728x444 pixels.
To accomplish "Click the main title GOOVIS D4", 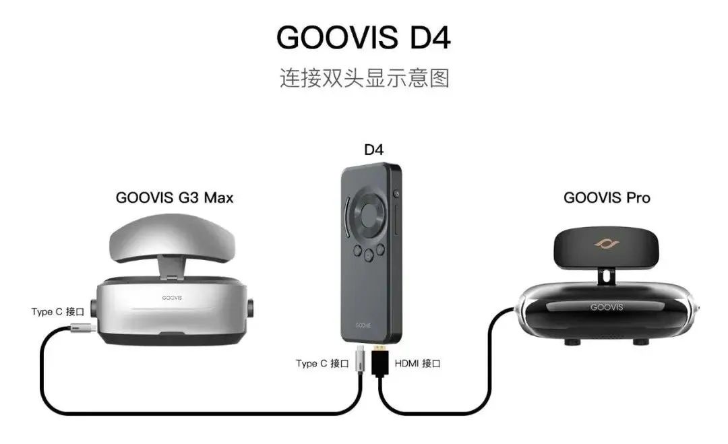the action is point(363,37).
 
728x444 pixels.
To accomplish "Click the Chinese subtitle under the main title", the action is point(365,78).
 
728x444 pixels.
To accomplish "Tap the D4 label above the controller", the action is point(373,150).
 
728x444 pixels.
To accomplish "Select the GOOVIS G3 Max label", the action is point(174,197).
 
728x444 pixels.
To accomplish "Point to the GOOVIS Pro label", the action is point(607,197).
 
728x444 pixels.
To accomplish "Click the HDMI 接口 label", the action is point(417,363).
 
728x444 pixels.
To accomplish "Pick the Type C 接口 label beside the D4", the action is point(322,363).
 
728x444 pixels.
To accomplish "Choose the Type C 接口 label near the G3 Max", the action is point(57,311).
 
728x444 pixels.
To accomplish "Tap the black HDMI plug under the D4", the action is point(380,360).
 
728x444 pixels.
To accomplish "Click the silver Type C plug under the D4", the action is point(360,359).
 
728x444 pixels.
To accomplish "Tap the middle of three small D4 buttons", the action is point(369,255).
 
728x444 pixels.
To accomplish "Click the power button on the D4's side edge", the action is point(396,193).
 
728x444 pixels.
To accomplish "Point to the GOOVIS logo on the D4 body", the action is point(363,325).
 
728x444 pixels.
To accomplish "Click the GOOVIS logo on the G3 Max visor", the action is point(172,298).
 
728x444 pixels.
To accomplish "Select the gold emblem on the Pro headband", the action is point(607,244).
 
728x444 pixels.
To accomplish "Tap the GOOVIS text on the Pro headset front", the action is point(607,307).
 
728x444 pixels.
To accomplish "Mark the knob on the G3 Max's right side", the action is point(251,309).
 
